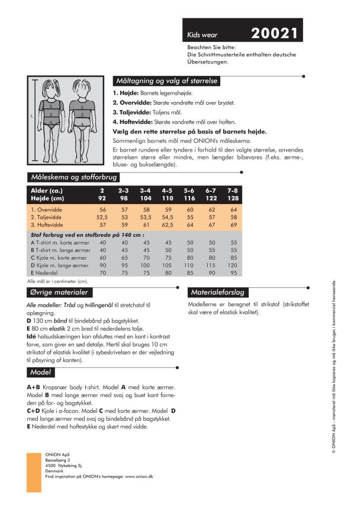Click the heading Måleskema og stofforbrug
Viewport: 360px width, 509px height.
tap(73, 177)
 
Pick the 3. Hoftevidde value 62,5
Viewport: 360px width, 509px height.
tap(168, 225)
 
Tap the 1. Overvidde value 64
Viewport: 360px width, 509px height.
tap(234, 210)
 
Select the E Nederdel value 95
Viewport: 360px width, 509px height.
tap(234, 274)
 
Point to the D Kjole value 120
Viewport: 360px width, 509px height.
tap(234, 266)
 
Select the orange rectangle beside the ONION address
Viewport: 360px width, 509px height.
tap(34, 472)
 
